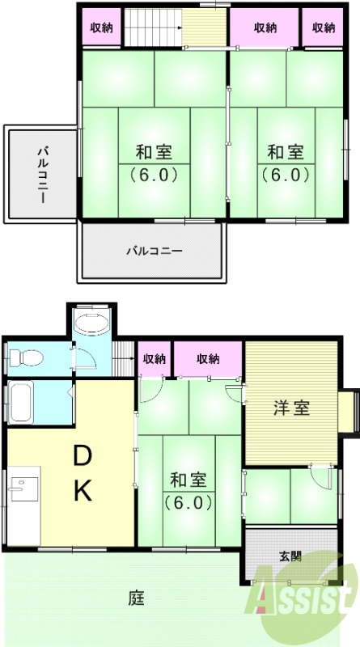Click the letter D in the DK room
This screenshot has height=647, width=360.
coord(82,457)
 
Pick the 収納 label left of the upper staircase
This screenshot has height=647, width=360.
coord(102,27)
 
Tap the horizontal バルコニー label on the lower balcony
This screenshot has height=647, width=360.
coord(154,251)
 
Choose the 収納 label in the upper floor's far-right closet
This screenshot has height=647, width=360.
coord(324,27)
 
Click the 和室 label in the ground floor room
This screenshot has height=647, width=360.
coord(189,479)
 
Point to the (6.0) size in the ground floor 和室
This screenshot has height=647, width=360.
coord(189,502)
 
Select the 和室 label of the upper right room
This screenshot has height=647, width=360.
coord(285,151)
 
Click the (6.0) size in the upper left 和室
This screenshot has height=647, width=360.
coord(152,174)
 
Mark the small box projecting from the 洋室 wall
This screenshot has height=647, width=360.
coord(349,410)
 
